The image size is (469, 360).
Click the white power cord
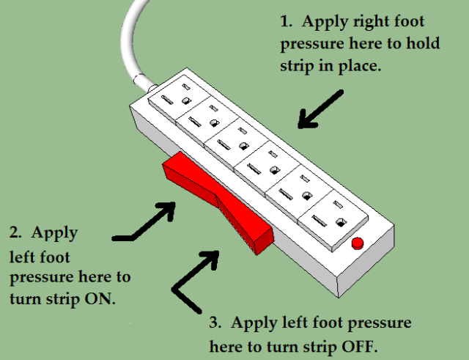[133, 44]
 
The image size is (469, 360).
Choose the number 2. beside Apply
[15, 234]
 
